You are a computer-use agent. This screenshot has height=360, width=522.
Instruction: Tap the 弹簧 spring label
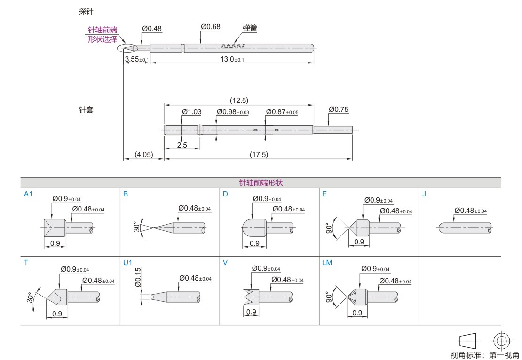[250, 28]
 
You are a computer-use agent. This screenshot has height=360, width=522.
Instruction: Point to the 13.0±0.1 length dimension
[232, 59]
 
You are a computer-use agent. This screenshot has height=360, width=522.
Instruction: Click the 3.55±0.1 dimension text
[136, 59]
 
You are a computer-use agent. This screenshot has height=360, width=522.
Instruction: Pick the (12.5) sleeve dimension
[239, 100]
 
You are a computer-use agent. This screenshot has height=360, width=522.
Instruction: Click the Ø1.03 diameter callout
[191, 111]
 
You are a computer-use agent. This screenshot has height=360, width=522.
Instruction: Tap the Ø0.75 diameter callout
[339, 110]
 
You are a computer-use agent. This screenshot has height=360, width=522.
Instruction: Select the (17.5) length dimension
[258, 154]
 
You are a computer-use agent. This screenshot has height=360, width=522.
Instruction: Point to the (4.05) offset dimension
[143, 154]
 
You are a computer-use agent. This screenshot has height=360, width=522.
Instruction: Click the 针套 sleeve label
[86, 110]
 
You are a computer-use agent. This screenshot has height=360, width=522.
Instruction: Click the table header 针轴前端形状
[261, 182]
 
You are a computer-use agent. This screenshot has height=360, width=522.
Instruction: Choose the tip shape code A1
[28, 194]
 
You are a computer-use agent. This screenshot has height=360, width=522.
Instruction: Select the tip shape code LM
[327, 263]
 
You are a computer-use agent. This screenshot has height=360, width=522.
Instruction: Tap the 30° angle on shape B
[136, 227]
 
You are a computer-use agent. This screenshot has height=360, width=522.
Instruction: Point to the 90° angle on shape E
[329, 228]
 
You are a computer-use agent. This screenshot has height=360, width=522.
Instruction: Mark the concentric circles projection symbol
[501, 340]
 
